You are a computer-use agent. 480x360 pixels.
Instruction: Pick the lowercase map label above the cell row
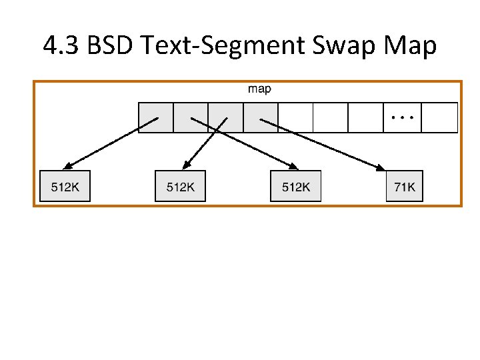(259, 89)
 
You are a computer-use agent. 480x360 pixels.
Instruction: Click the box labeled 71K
(405, 187)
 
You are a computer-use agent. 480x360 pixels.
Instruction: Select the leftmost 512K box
(65, 187)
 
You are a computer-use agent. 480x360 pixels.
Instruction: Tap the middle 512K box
(180, 187)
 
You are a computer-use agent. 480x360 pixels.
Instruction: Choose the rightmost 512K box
(295, 187)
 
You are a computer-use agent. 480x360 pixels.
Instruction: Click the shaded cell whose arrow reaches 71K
(260, 117)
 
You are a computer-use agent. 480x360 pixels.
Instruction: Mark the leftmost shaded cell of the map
(155, 117)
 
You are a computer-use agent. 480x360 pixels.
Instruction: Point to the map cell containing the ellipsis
(403, 117)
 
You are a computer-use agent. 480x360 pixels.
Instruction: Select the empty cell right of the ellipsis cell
(439, 117)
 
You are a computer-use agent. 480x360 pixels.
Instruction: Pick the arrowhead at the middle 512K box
(185, 166)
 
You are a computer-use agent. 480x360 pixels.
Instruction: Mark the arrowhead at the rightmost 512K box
(294, 167)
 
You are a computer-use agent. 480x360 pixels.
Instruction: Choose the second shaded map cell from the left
(191, 117)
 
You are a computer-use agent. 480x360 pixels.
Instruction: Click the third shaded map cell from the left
(225, 117)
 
